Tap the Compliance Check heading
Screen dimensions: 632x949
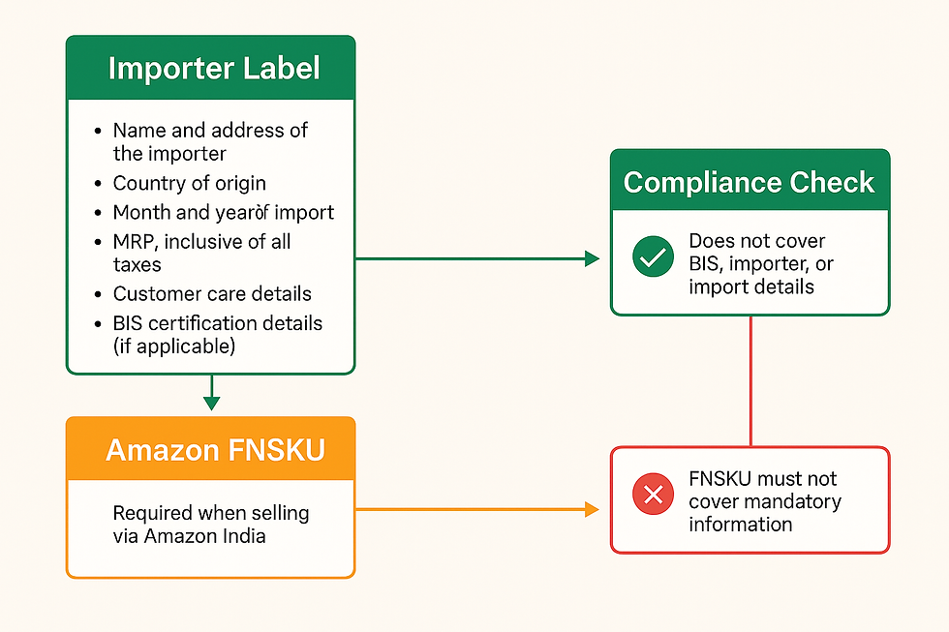[749, 183]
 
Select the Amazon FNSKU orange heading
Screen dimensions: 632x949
[215, 450]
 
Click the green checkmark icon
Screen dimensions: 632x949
[653, 256]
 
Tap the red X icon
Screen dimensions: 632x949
[653, 496]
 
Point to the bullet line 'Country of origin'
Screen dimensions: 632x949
[189, 183]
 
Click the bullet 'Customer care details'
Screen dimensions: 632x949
[212, 293]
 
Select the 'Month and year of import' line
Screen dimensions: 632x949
[223, 212]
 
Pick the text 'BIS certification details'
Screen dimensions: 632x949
[218, 322]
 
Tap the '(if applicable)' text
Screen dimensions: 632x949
[174, 346]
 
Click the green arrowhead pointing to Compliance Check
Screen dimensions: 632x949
[593, 258]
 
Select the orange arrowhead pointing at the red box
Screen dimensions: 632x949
[593, 508]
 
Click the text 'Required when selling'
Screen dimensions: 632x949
[210, 513]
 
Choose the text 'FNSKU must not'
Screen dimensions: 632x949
[762, 479]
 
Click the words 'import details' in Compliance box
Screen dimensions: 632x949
[750, 286]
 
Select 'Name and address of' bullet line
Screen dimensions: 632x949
[210, 131]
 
